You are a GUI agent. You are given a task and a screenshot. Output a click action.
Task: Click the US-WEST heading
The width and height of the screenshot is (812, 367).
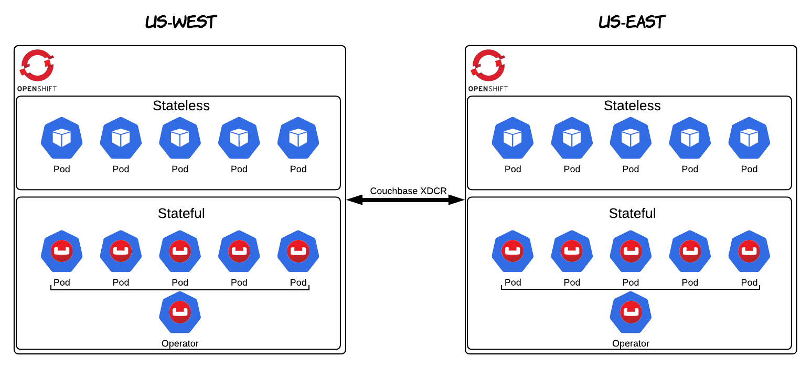pos(181,22)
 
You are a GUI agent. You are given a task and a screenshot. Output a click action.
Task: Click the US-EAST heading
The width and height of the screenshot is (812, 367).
pos(632,22)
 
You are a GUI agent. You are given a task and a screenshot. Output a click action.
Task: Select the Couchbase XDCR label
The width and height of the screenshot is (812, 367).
pos(408,191)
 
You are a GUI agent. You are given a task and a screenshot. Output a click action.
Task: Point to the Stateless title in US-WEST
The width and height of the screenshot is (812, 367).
pos(181,106)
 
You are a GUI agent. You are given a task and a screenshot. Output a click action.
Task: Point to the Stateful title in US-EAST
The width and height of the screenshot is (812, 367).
pos(632,214)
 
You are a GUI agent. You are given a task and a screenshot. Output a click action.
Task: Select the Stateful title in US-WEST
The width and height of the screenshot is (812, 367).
pos(181,214)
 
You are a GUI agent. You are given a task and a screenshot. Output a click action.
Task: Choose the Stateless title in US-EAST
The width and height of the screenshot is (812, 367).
pos(632,106)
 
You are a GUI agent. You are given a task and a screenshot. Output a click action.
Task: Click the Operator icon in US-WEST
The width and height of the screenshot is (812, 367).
pos(180,312)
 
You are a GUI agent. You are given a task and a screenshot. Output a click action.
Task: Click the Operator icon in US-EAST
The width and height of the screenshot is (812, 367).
pos(631,312)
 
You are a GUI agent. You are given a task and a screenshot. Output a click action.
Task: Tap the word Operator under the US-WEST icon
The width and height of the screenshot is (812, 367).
pos(180,344)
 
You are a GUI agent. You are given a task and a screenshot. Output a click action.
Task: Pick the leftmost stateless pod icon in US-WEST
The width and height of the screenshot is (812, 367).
pos(62,138)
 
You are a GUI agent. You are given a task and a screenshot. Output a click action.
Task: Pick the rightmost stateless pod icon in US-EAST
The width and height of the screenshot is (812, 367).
pos(749,138)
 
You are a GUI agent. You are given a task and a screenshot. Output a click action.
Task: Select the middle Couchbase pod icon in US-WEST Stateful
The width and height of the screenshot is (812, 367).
pos(180,251)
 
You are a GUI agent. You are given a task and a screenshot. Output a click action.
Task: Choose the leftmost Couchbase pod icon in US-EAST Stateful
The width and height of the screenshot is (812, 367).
pos(512,251)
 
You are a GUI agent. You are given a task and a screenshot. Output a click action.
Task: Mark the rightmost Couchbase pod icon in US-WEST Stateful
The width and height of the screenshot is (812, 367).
pos(298,251)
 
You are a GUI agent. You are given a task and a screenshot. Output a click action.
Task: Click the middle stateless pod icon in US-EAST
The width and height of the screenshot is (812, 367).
pos(631,138)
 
